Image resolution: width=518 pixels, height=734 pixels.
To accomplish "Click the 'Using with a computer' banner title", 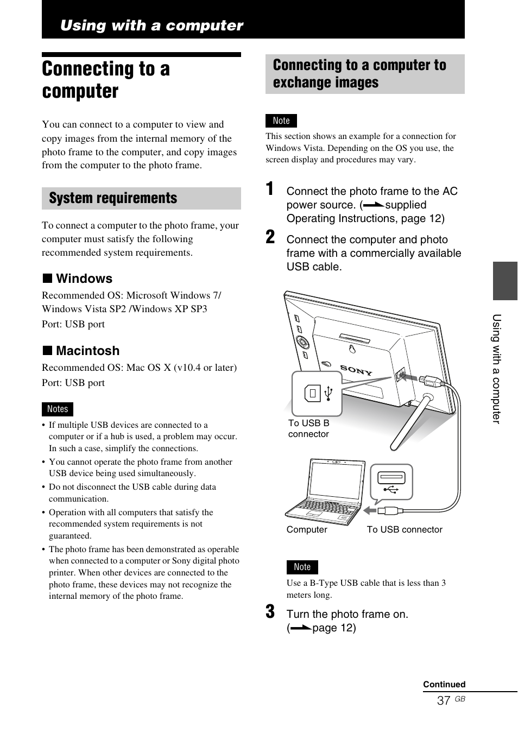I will click(151, 26).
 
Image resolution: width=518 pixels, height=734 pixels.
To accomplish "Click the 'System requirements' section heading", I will click(113, 198).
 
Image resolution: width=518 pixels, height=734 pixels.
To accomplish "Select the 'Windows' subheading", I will click(84, 279).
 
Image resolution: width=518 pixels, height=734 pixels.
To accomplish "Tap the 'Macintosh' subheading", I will click(87, 351).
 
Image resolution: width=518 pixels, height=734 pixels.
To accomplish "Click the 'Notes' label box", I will click(58, 409).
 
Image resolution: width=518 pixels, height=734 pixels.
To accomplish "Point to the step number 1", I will click(270, 189).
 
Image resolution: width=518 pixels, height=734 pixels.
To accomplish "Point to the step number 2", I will click(270, 237).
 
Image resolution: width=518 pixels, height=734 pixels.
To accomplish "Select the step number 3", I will click(270, 612).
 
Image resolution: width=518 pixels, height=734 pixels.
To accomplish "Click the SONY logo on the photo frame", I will click(356, 370).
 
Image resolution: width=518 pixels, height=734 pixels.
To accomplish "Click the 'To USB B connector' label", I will click(308, 428).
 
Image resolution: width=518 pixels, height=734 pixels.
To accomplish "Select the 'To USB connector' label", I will click(405, 529).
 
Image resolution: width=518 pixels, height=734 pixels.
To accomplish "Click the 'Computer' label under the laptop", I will click(307, 529).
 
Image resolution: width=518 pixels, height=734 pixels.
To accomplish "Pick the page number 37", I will click(444, 700).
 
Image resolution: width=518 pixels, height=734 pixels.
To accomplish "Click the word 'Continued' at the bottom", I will click(444, 684).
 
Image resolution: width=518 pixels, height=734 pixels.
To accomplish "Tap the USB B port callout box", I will click(317, 394).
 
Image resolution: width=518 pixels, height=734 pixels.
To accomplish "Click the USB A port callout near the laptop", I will click(391, 482).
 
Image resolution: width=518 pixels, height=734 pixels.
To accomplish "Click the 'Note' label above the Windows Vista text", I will click(281, 121).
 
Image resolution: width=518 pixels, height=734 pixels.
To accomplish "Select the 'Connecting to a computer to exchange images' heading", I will click(359, 74).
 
